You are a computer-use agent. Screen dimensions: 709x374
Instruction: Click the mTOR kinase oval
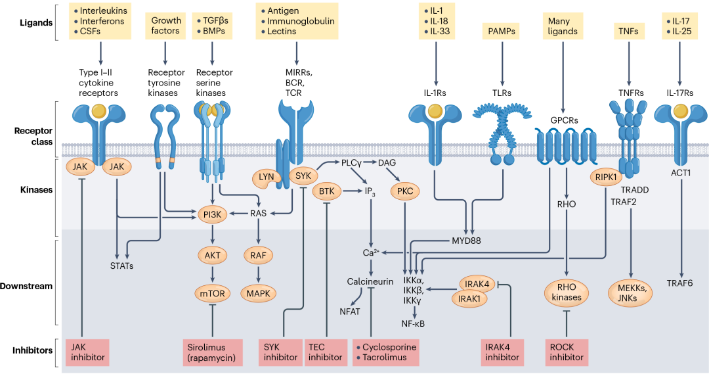tap(213, 294)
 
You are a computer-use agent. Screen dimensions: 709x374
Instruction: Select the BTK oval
tap(326, 191)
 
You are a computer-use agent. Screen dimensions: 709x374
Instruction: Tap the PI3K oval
tap(212, 214)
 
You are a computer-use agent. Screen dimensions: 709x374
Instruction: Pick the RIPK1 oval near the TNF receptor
tap(606, 177)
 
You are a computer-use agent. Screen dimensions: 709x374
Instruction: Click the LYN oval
tap(267, 177)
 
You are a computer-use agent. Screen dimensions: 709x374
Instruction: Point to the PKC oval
tap(405, 191)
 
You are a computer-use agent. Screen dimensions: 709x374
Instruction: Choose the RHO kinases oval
tap(567, 292)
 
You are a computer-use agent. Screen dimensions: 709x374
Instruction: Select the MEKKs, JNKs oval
tap(628, 292)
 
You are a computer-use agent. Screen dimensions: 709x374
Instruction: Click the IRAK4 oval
tap(477, 285)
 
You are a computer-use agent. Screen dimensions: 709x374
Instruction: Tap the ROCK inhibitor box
tap(567, 352)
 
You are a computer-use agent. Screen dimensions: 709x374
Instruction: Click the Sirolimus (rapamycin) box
tap(213, 352)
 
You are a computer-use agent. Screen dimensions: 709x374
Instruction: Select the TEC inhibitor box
tap(326, 352)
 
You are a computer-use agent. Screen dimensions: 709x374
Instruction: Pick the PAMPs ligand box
tap(502, 32)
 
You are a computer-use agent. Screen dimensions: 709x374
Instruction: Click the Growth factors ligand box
tap(165, 26)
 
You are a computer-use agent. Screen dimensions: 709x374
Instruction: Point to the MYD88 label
tap(466, 241)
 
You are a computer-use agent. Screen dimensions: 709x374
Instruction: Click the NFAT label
tap(350, 312)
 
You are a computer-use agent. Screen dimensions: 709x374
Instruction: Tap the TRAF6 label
tap(679, 283)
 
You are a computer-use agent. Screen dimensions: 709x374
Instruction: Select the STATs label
tap(121, 266)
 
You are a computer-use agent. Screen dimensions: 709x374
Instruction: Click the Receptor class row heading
tap(33, 136)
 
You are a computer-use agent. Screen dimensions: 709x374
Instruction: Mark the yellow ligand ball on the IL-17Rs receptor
tap(681, 111)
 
